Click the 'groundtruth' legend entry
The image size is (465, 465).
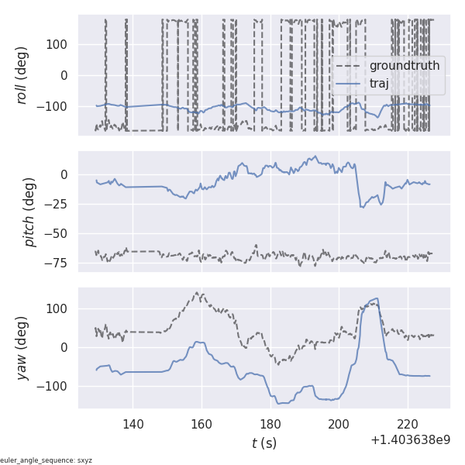point(404,66)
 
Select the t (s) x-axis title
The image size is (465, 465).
point(263,443)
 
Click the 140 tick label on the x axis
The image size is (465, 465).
point(133,424)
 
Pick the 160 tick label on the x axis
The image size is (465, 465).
point(201,424)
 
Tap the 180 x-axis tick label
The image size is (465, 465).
point(270,424)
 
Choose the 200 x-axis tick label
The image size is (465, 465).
point(339,424)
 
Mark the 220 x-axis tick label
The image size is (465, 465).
point(408,424)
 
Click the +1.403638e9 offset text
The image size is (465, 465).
point(410,440)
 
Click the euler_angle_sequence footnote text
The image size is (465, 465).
point(46,460)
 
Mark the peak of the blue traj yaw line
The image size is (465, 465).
point(377,298)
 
